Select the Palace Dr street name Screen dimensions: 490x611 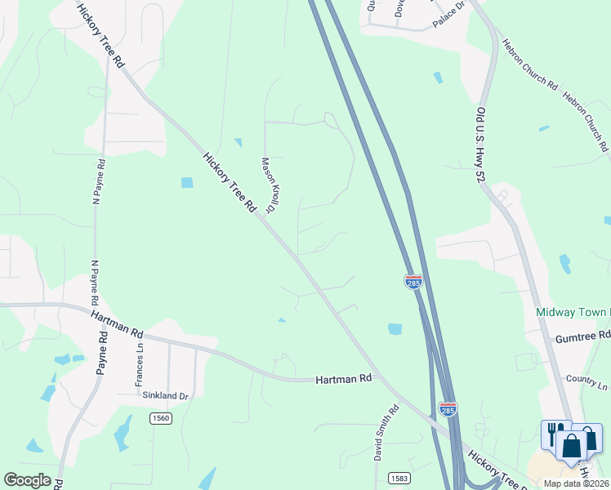pyautogui.click(x=448, y=16)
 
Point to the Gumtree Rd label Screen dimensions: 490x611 pyautogui.click(x=583, y=336)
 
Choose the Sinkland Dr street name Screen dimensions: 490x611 pyautogui.click(x=166, y=396)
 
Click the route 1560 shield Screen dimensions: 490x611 pyautogui.click(x=161, y=418)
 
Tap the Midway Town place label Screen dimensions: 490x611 pyautogui.click(x=573, y=313)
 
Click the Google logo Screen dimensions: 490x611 pyautogui.click(x=27, y=480)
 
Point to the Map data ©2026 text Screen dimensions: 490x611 pyautogui.click(x=577, y=483)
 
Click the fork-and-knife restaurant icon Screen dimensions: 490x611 pyautogui.click(x=553, y=432)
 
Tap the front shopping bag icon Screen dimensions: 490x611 pyautogui.click(x=572, y=446)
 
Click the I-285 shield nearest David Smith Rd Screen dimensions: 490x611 pyautogui.click(x=447, y=408)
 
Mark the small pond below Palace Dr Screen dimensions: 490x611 pyautogui.click(x=439, y=78)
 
